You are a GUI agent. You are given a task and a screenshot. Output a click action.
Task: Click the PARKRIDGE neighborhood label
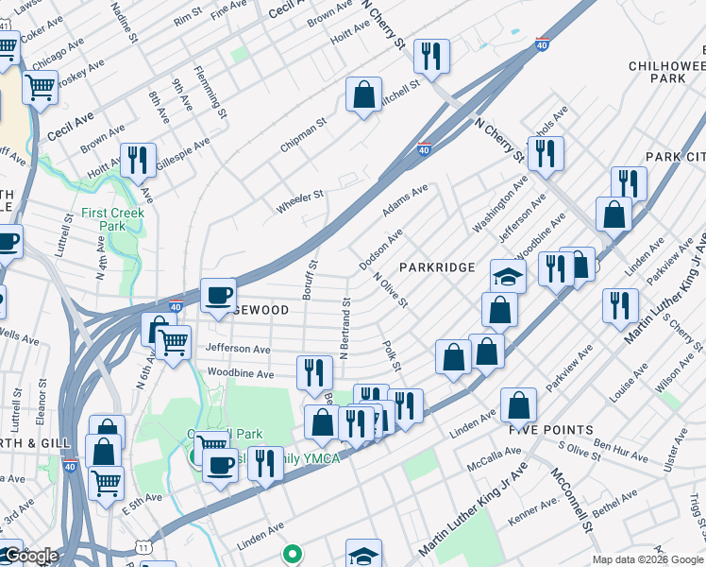[436, 267]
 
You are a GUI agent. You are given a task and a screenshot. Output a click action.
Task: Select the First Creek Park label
[104, 219]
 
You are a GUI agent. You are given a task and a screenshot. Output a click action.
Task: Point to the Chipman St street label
[303, 135]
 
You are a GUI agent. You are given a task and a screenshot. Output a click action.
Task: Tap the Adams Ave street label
[405, 199]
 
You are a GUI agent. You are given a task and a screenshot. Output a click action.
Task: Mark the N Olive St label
[390, 290]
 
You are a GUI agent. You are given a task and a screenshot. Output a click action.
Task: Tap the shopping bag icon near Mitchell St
[363, 94]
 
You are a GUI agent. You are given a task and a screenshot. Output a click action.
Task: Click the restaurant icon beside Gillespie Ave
[139, 160]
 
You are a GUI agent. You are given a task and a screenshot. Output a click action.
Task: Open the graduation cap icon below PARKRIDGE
[508, 276]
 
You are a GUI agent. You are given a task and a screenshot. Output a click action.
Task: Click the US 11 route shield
[142, 546]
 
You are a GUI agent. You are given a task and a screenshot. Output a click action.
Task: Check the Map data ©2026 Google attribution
[647, 559]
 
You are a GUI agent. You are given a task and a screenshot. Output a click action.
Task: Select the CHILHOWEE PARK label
[666, 71]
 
